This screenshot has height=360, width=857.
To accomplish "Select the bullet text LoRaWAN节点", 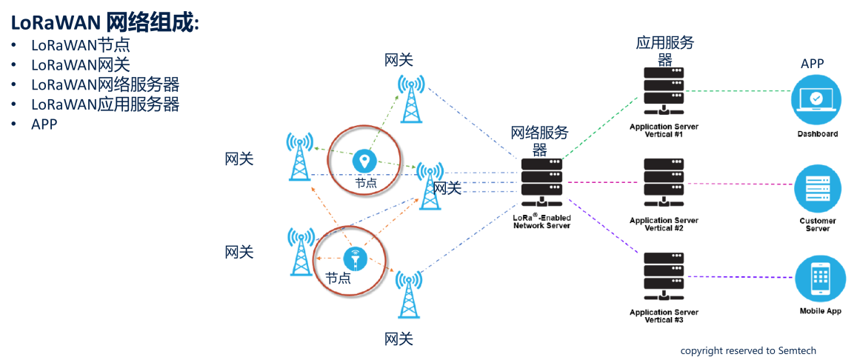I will coord(80,45).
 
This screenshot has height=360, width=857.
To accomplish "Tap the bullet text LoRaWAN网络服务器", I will coord(105,84).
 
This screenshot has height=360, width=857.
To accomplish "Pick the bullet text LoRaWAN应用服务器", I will coord(105,104).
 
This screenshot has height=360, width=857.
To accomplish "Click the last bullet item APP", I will coord(44,124).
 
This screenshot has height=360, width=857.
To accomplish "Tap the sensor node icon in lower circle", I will coord(356,259).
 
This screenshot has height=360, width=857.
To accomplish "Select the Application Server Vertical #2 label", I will coord(664,224).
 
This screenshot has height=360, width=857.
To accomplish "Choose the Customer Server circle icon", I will coord(818,189).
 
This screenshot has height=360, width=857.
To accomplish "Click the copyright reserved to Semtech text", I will coord(748,350).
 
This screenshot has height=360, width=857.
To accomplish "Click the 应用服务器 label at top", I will coord(664,50).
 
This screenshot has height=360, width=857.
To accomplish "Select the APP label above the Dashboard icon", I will coord(812,64).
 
